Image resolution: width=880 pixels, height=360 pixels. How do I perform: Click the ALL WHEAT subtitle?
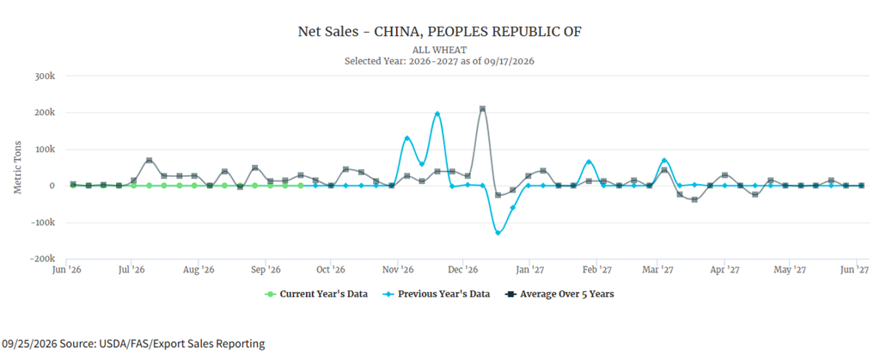[439, 51]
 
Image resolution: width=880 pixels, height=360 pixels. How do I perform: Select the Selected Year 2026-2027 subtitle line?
[439, 61]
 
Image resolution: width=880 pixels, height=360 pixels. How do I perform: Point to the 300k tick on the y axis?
[45, 76]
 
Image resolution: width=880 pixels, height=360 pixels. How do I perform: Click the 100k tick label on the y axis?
[45, 149]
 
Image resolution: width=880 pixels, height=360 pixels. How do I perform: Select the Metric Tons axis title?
[19, 167]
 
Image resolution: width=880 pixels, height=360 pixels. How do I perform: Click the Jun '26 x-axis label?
[67, 271]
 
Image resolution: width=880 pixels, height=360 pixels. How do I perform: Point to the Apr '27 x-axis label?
[724, 271]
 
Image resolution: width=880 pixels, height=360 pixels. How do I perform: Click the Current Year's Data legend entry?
[316, 294]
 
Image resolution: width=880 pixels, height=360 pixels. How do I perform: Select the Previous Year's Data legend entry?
[436, 294]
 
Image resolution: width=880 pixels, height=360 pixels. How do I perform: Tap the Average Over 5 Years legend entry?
[559, 294]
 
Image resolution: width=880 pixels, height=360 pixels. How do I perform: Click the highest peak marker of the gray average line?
[482, 109]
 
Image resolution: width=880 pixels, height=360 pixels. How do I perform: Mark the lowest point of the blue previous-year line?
[498, 233]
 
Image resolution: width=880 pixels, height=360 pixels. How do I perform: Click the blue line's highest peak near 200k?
[437, 113]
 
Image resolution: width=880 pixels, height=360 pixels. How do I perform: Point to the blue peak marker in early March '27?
[664, 161]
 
